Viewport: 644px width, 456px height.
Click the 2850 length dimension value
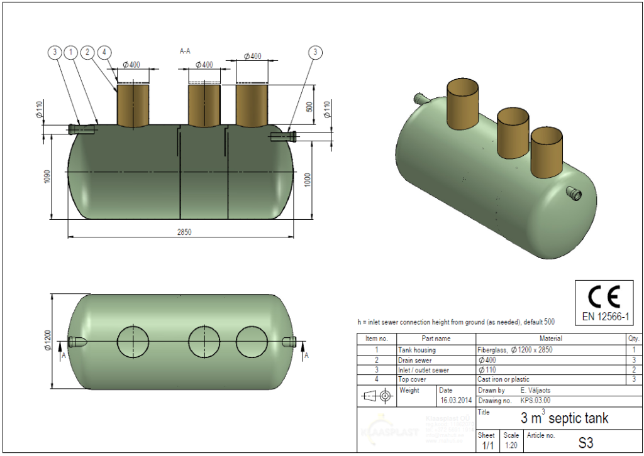click(184, 232)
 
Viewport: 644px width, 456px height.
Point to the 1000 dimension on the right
click(307, 179)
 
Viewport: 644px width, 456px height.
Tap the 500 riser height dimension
click(309, 107)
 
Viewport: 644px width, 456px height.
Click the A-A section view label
click(186, 52)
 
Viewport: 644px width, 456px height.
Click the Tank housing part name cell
click(416, 350)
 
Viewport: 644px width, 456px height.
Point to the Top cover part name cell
click(413, 379)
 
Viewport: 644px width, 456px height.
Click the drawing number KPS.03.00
click(536, 400)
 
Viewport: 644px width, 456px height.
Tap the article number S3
click(585, 443)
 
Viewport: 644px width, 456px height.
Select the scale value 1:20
click(511, 445)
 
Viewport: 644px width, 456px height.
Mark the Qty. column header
click(632, 339)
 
